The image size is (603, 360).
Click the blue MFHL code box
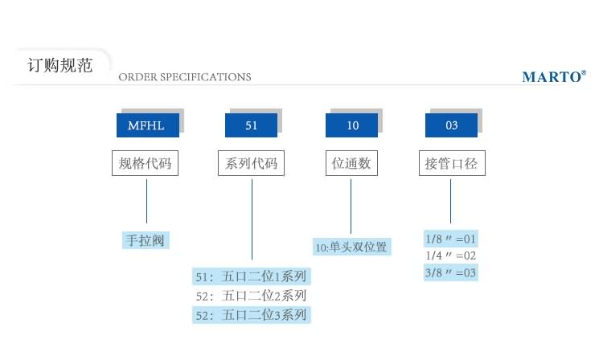coord(147,125)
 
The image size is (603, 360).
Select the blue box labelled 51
coord(251,125)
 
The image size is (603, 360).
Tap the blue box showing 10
coord(352,125)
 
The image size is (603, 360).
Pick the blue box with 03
coord(451,125)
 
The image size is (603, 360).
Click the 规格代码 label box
coord(146,164)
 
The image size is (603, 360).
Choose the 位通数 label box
coord(351,164)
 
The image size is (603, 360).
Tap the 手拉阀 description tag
coord(146,239)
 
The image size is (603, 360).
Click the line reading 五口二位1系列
coord(251,276)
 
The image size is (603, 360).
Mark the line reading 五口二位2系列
coord(251,296)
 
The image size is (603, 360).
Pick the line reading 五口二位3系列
coord(251,315)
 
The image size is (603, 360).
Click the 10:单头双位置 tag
coord(351,247)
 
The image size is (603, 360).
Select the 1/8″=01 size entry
coord(451,239)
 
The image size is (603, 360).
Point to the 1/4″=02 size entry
coord(451,256)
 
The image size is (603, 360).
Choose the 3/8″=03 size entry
coord(451,272)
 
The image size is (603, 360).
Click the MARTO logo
coord(554,77)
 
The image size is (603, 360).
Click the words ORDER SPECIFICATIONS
coord(185,77)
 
